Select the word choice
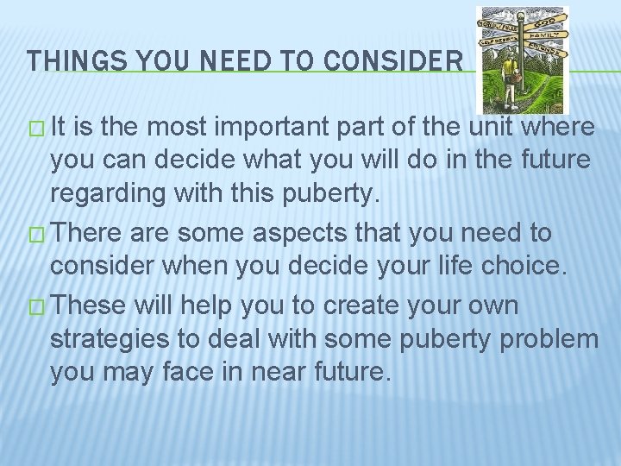(525, 267)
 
